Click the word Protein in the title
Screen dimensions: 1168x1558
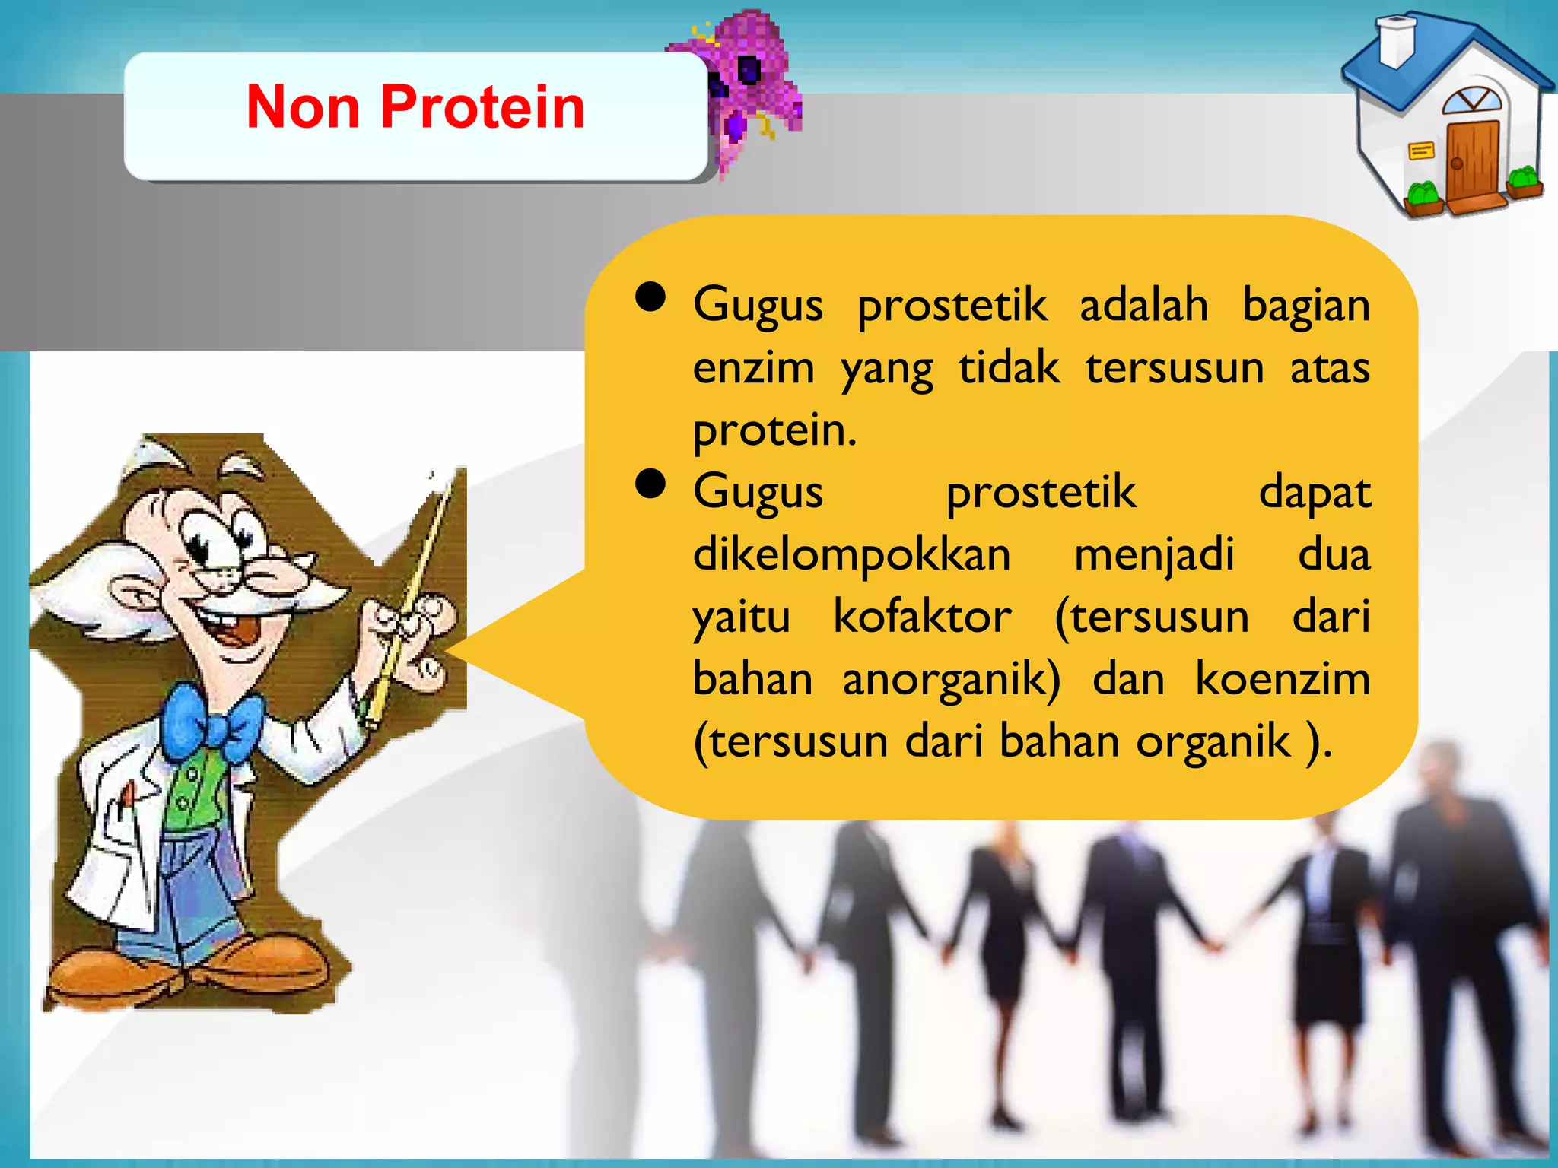tap(482, 107)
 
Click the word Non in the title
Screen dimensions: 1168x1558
tap(303, 107)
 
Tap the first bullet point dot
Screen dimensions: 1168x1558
tap(650, 297)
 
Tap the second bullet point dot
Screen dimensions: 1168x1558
tap(650, 484)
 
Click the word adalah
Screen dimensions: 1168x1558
tap(1143, 305)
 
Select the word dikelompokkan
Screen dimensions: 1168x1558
tap(851, 555)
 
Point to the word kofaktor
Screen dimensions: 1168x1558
tap(922, 617)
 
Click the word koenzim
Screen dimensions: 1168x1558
tap(1283, 679)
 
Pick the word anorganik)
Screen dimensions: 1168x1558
tap(951, 679)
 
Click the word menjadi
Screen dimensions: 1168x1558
tap(1153, 555)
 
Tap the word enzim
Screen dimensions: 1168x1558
tap(753, 368)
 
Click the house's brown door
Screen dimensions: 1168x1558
tap(1473, 163)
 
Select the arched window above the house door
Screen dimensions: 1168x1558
tap(1472, 100)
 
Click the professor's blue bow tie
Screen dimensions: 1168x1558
tap(211, 722)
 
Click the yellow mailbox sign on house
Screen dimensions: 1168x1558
tap(1420, 151)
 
